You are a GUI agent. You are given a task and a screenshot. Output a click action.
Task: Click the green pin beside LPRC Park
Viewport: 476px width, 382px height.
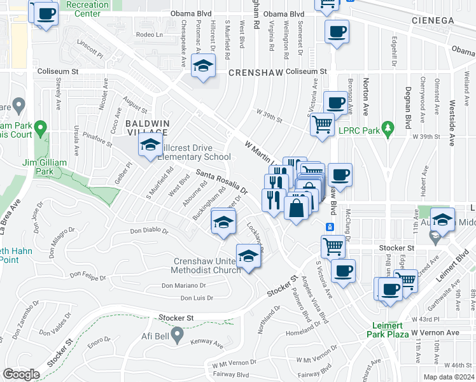pyautogui.click(x=386, y=127)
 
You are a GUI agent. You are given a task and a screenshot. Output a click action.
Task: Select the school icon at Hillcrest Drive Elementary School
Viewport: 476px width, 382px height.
pyautogui.click(x=151, y=146)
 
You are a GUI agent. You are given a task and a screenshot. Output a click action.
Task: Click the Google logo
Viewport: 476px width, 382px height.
pyautogui.click(x=21, y=374)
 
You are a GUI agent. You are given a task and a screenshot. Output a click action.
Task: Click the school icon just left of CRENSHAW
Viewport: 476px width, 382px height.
pyautogui.click(x=203, y=67)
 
